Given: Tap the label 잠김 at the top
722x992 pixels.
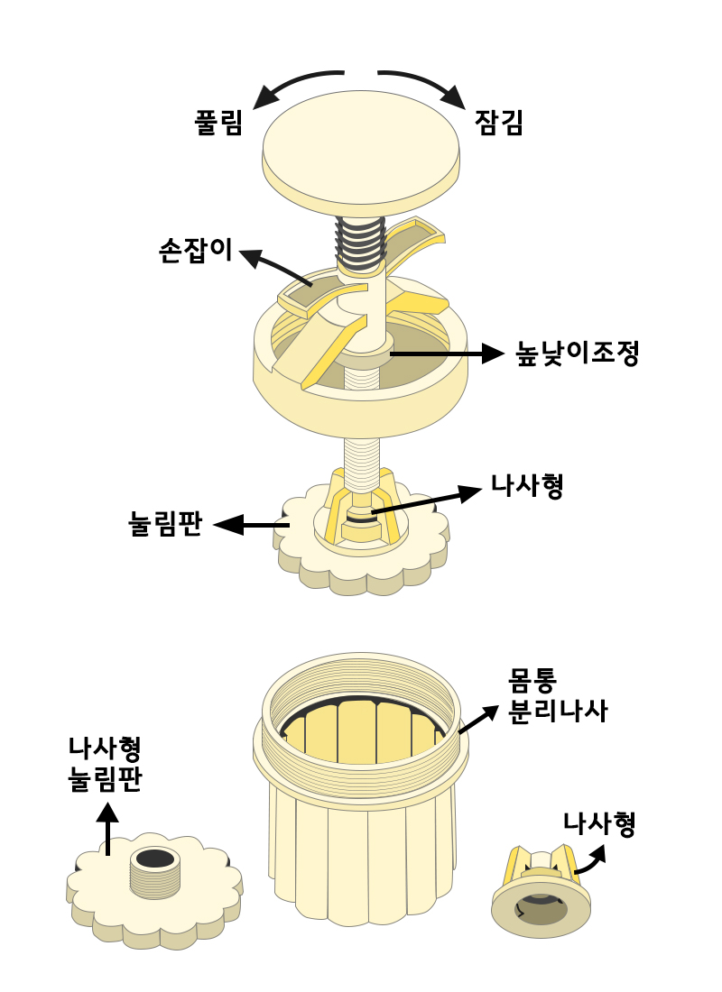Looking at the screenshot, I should [x=499, y=122].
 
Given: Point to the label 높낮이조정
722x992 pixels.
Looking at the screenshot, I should [x=577, y=353].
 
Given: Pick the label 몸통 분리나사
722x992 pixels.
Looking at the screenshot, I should [x=557, y=693].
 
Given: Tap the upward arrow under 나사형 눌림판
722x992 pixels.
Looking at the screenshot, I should [x=107, y=830].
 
